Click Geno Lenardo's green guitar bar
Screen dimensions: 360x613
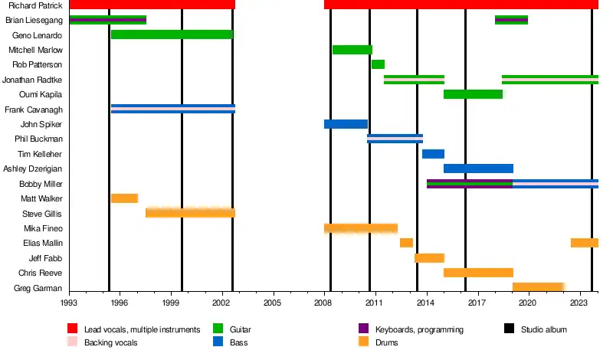(171, 34)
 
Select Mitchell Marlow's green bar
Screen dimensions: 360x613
(352, 50)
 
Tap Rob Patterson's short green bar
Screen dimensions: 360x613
(378, 64)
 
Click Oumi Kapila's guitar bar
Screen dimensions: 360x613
(473, 94)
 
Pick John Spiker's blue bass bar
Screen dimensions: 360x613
(346, 124)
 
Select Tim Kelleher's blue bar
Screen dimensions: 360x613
(433, 154)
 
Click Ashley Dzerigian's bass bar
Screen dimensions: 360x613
(478, 169)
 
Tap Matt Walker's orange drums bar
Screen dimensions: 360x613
(124, 198)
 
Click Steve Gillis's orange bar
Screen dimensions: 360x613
(190, 213)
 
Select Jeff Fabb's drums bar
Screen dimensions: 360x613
(429, 258)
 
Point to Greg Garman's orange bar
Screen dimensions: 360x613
(538, 287)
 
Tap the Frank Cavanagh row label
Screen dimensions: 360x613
(34, 110)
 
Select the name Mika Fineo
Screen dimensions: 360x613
(43, 228)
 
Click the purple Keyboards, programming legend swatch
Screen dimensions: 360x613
(364, 329)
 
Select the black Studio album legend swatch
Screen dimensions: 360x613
(509, 329)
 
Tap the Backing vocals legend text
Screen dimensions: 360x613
(111, 342)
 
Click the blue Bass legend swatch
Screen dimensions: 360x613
(218, 342)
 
